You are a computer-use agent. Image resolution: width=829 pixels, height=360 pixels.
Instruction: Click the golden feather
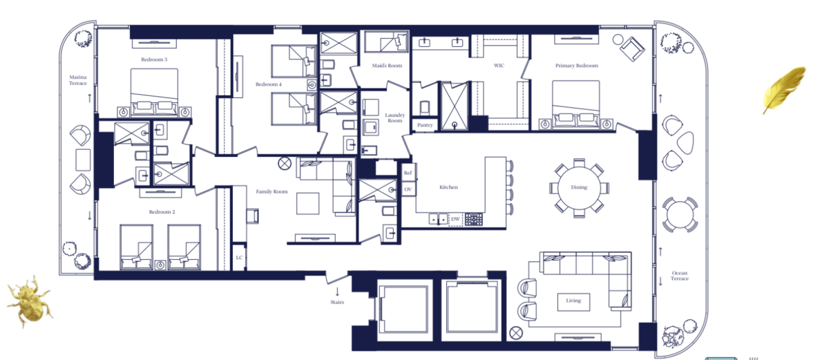pyautogui.click(x=783, y=90)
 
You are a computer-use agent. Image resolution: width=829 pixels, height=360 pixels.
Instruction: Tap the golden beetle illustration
pyautogui.click(x=29, y=300)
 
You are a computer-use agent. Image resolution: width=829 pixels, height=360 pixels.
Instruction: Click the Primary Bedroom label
pyautogui.click(x=577, y=66)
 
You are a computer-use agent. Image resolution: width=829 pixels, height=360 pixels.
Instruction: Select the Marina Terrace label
pyautogui.click(x=77, y=80)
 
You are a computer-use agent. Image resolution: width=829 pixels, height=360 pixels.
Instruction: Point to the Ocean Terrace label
pyautogui.click(x=680, y=276)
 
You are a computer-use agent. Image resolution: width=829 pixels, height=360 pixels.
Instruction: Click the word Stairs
pyautogui.click(x=337, y=302)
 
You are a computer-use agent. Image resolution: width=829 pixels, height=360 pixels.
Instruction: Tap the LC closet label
pyautogui.click(x=239, y=258)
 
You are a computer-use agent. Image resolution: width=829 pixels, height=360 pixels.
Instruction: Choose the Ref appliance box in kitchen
pyautogui.click(x=408, y=173)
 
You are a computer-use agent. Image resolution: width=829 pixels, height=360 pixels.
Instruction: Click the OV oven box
pyautogui.click(x=408, y=189)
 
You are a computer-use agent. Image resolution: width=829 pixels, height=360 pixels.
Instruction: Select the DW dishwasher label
pyautogui.click(x=455, y=219)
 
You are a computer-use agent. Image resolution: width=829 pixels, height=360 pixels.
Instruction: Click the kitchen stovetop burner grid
pyautogui.click(x=474, y=219)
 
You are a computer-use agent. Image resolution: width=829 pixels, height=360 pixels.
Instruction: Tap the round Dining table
pyautogui.click(x=579, y=187)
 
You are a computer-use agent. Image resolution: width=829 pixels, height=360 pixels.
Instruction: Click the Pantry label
pyautogui.click(x=425, y=125)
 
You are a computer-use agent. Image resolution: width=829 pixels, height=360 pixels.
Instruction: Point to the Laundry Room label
pyautogui.click(x=395, y=117)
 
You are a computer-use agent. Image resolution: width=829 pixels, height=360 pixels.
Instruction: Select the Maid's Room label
pyautogui.click(x=387, y=66)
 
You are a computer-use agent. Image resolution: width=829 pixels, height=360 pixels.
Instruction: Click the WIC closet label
pyautogui.click(x=499, y=66)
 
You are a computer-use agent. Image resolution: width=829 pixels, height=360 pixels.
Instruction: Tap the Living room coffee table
pyautogui.click(x=573, y=302)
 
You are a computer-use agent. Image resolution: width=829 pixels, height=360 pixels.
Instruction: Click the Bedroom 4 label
pyautogui.click(x=268, y=84)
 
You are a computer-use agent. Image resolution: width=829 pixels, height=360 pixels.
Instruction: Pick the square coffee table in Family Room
pyautogui.click(x=307, y=204)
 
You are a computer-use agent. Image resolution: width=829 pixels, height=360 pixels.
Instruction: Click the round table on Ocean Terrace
pyautogui.click(x=680, y=215)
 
